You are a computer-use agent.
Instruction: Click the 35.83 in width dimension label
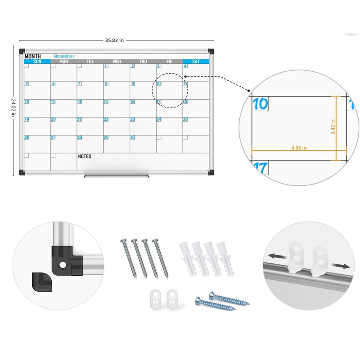tap(115, 40)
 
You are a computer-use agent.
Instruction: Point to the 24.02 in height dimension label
tap(13, 108)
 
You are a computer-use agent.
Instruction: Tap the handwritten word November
tap(64, 56)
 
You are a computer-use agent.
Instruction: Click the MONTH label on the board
tap(32, 56)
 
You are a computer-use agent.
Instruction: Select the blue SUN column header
tap(37, 62)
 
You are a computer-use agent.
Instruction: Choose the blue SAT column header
tap(196, 62)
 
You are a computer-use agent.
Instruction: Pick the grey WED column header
tap(117, 62)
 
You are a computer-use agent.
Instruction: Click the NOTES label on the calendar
tap(85, 157)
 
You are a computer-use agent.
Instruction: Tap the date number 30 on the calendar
tap(133, 137)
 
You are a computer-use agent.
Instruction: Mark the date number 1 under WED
tap(106, 66)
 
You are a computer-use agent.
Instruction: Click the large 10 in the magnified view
tap(260, 104)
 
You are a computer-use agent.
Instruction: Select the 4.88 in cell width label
tap(299, 147)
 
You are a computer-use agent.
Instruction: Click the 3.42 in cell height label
tap(333, 128)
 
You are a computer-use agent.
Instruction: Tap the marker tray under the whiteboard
tap(116, 175)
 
